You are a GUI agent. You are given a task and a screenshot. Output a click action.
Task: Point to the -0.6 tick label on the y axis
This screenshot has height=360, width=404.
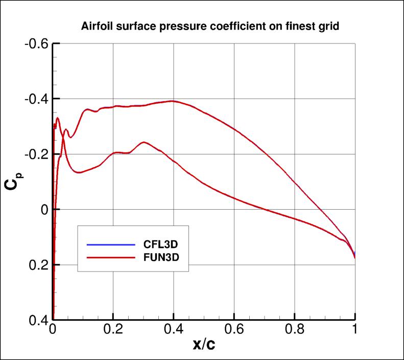[36, 43]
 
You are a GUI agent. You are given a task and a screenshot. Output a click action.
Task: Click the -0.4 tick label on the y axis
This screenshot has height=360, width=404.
[36, 98]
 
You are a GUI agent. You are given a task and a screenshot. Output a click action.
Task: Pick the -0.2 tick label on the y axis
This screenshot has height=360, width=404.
[36, 154]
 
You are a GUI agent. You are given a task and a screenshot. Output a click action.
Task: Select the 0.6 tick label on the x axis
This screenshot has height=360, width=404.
[234, 330]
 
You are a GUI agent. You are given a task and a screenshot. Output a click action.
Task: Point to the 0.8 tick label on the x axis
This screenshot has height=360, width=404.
[295, 330]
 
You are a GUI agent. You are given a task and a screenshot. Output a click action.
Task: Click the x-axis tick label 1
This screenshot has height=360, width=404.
[355, 330]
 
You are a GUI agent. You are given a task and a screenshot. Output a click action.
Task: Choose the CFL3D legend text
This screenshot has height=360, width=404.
[160, 243]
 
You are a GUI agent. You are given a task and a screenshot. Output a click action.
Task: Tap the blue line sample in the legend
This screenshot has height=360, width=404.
[107, 244]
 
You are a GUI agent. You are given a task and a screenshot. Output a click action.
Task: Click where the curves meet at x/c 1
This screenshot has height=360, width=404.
[355, 257]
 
